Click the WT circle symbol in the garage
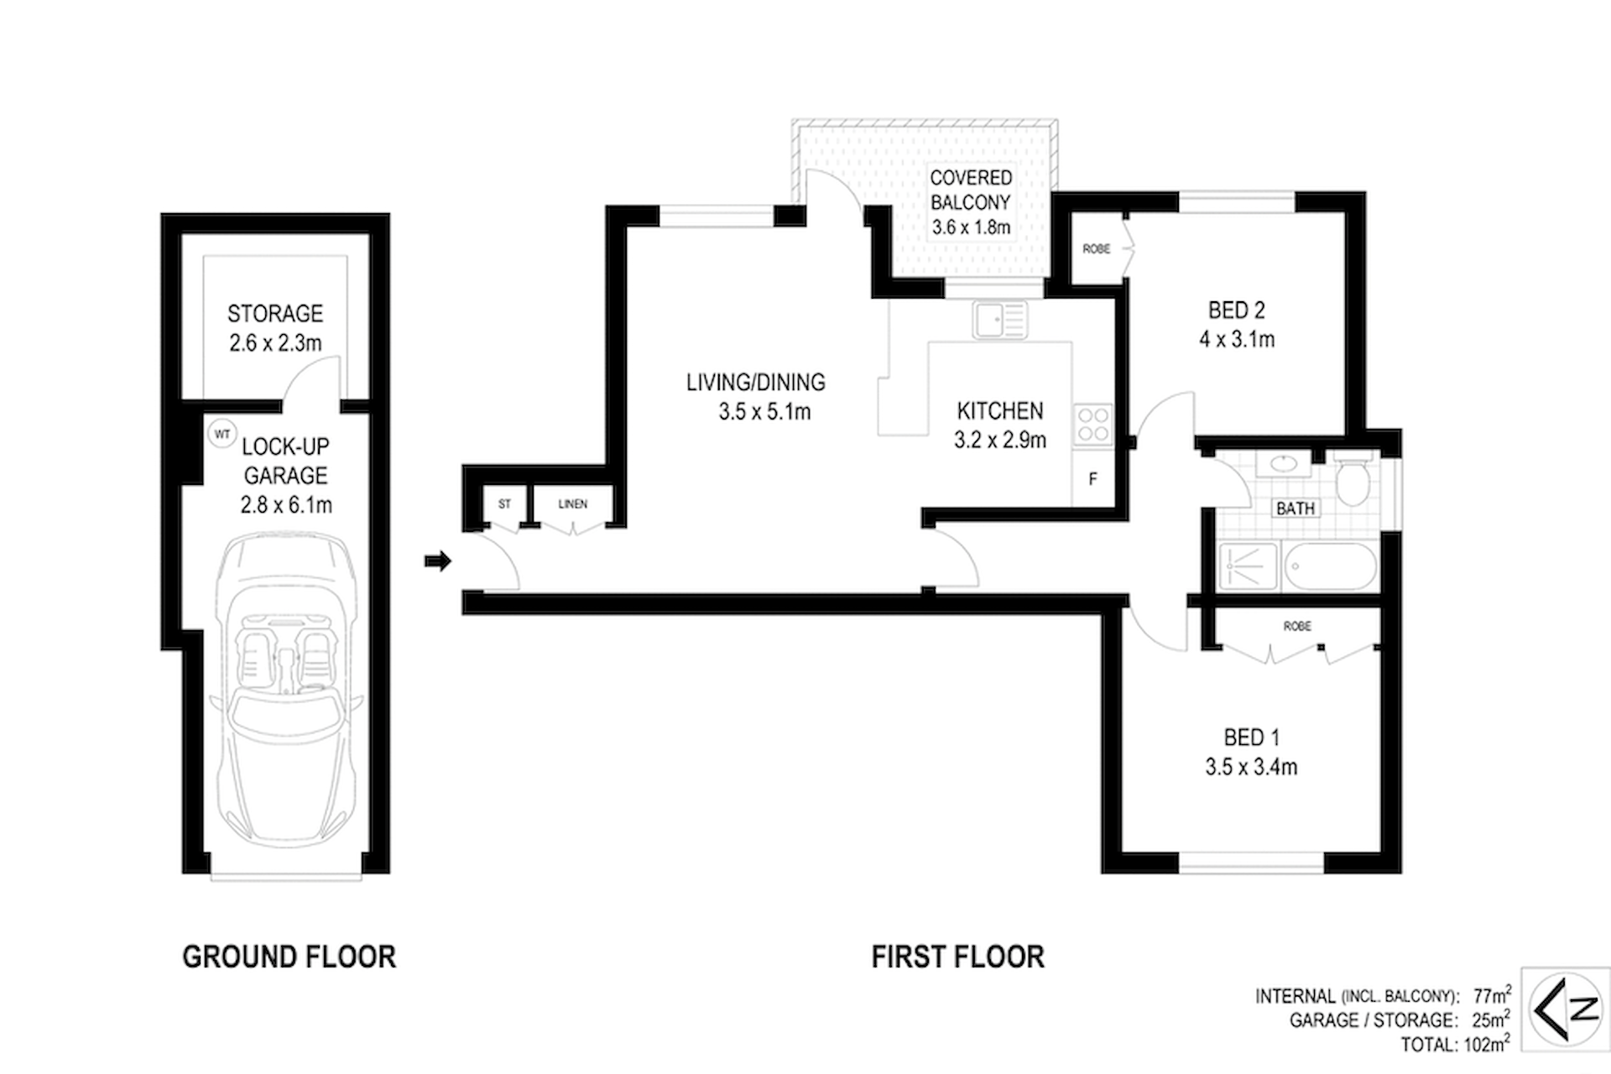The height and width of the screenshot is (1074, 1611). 222,434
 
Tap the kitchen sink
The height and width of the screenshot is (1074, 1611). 1000,320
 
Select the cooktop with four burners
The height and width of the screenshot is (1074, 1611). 1092,424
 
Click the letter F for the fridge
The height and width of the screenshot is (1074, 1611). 1092,480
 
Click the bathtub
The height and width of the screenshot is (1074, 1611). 1330,566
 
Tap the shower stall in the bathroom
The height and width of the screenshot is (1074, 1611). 1248,566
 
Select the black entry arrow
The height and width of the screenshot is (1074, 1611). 438,560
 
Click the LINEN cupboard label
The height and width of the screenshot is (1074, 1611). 573,504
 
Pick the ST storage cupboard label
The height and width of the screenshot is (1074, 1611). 504,504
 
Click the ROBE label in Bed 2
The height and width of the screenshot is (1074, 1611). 1097,249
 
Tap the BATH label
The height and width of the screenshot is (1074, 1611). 1296,508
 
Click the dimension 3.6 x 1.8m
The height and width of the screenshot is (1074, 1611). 971,227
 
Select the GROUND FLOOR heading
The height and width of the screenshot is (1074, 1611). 289,957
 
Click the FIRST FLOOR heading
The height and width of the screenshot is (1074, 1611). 958,957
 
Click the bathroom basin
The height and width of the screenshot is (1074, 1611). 1283,463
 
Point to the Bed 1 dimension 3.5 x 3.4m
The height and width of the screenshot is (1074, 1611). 1252,767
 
